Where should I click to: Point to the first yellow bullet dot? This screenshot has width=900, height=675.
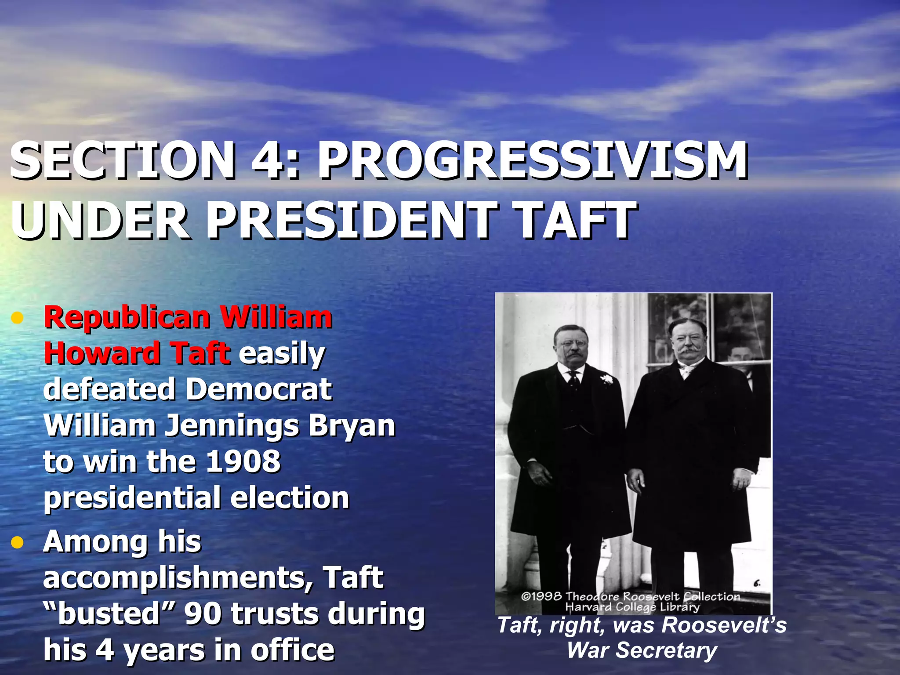[x=17, y=318]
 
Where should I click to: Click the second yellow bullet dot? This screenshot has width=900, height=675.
[x=17, y=543]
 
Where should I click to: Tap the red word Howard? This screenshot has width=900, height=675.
[x=102, y=353]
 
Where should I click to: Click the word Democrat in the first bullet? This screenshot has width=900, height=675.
[x=259, y=389]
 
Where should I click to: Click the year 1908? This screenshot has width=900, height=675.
[x=243, y=461]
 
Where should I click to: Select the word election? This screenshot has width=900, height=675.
[x=290, y=497]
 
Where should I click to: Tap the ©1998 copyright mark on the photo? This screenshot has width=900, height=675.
[x=541, y=596]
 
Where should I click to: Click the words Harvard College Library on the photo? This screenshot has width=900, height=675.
[x=632, y=607]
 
